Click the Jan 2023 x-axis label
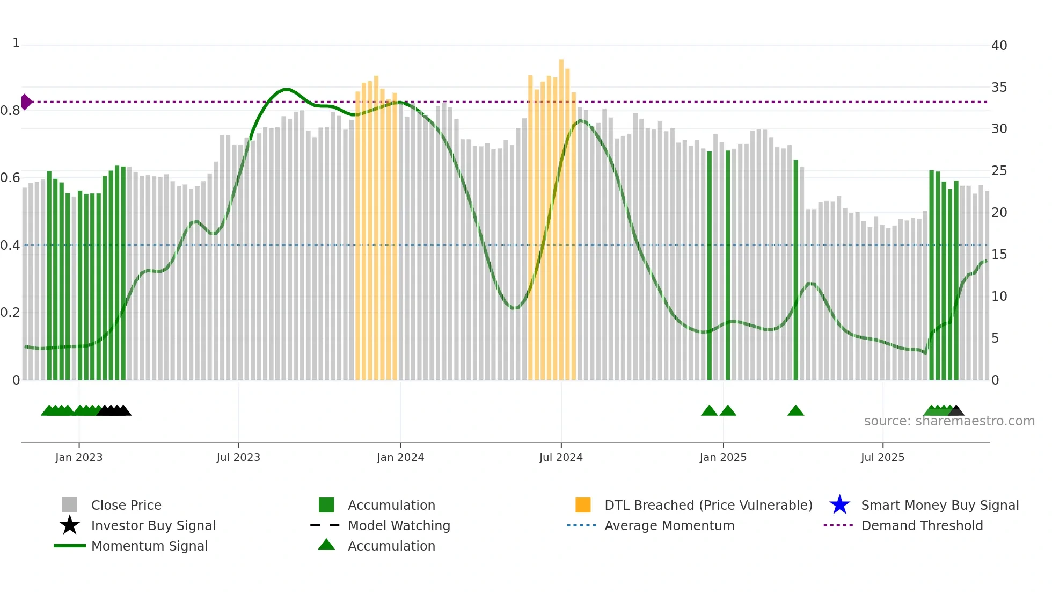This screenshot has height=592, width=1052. coord(79,457)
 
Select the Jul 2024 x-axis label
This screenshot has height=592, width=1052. coord(561,457)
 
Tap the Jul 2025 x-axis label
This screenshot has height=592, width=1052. coord(882,457)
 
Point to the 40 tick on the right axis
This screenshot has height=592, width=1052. coord(999,46)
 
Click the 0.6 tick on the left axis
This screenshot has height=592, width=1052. coord(11,178)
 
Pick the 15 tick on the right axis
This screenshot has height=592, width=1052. coord(999,255)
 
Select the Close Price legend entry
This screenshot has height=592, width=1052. coord(126,505)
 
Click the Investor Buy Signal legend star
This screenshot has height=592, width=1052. coord(70,525)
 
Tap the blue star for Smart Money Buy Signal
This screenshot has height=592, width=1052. coord(839,505)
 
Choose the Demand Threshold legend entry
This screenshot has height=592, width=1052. coord(922,525)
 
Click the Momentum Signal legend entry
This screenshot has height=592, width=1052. coord(149,546)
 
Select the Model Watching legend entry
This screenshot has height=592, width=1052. coord(399,525)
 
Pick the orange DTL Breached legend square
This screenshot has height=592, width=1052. coord(583,505)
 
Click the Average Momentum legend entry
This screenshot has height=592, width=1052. coord(669,525)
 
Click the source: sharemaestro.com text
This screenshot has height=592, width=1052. coord(949,421)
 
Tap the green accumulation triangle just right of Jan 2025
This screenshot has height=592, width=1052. coord(728,411)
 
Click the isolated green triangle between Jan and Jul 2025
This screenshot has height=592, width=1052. coord(795,411)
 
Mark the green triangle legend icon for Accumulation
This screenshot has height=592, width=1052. coord(326,545)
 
